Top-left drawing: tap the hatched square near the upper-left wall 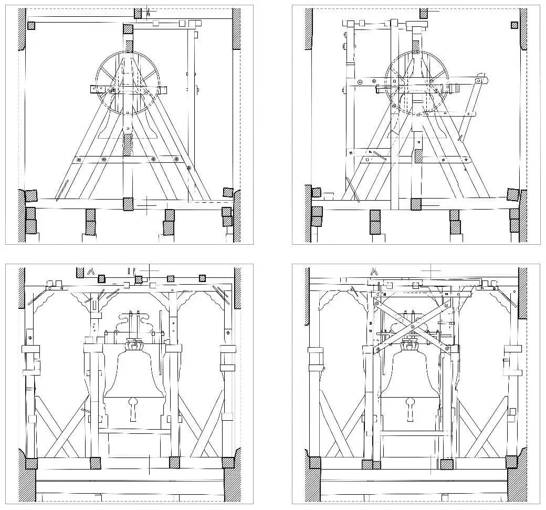click(31, 25)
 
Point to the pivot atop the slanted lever click(479, 81)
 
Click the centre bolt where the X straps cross click(413, 327)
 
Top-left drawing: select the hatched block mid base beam click(128, 204)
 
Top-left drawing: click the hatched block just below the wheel click(127, 144)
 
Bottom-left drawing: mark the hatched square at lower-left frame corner click(31, 463)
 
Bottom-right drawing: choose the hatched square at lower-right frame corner click(511, 462)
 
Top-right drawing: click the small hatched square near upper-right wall click(514, 25)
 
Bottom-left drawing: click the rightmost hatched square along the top click(203, 278)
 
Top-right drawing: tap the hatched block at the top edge click(423, 13)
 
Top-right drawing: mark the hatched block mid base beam click(416, 204)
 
